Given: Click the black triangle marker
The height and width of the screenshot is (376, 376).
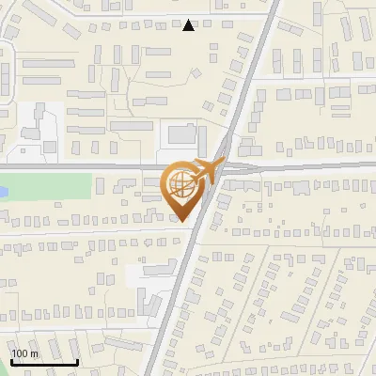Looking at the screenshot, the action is (x=189, y=25).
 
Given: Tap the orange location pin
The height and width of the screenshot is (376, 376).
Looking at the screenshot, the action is (x=183, y=188).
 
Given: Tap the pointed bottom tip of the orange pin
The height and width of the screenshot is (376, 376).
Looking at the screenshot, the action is (x=184, y=221).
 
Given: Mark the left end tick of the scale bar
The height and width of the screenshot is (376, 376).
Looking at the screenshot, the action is (x=10, y=360).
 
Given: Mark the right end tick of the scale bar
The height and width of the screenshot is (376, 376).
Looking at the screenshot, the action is (x=78, y=360).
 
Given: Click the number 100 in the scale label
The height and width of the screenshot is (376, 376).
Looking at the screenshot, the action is (x=21, y=353).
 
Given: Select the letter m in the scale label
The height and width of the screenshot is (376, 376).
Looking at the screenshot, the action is (x=34, y=353).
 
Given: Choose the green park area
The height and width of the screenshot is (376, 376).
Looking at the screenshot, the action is (x=47, y=186).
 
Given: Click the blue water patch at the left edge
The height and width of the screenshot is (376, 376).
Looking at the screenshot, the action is (x=3, y=191).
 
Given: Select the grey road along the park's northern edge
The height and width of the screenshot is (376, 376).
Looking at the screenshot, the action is (x=75, y=167).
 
